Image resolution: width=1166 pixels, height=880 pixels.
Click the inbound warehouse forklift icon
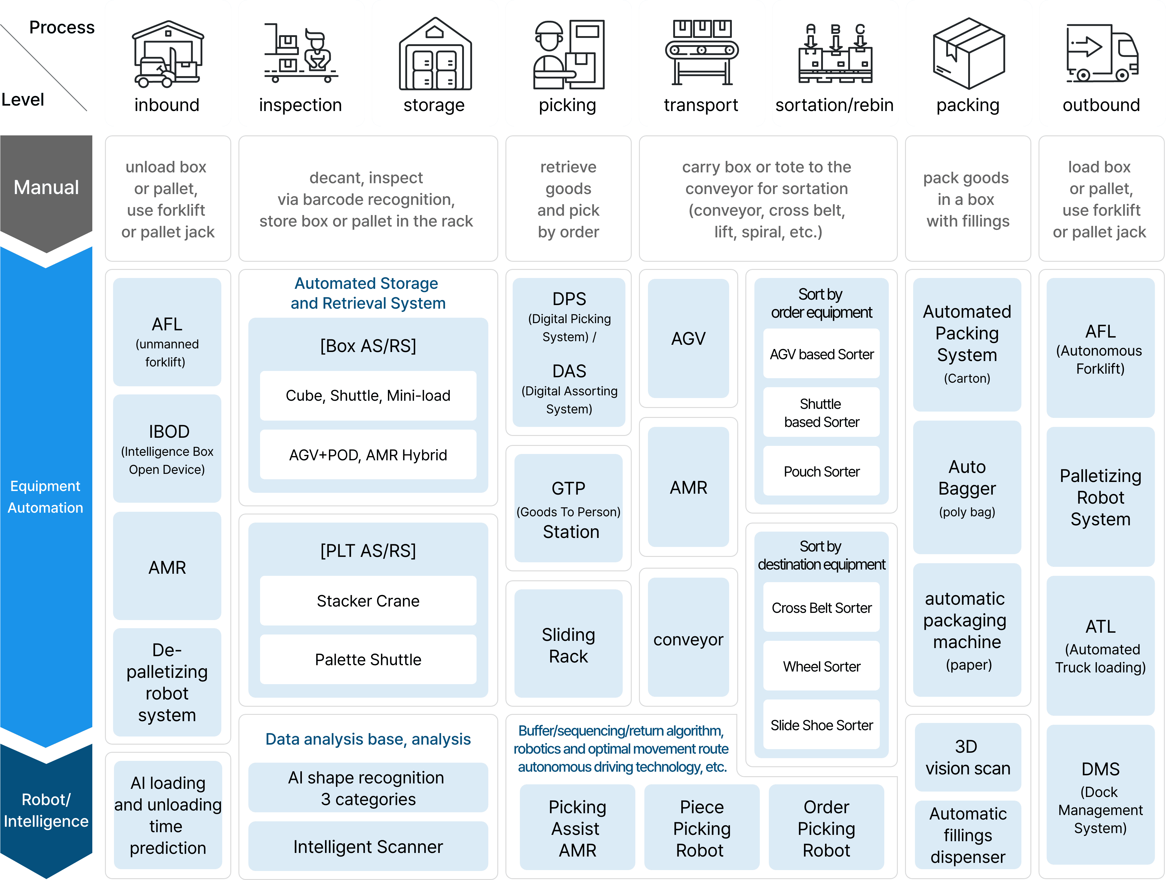[x=168, y=54]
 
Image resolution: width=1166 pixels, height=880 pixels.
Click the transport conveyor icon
[x=701, y=52]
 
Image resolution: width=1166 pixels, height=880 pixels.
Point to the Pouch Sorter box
[x=821, y=471]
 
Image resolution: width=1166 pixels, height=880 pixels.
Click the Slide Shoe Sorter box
[x=821, y=725]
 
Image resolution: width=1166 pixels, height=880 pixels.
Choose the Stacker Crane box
[x=368, y=601]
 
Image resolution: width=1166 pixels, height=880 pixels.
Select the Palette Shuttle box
[x=368, y=659]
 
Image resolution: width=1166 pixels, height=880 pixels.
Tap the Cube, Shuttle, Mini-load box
[x=368, y=396]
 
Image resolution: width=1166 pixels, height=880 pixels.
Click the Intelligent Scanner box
[x=368, y=846]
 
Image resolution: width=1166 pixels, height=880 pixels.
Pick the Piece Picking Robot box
[x=701, y=828]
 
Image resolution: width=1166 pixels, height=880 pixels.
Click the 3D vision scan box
[x=968, y=757]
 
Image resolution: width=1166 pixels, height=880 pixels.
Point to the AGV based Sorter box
[x=821, y=354]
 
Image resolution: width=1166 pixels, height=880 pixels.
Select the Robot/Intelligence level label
[x=46, y=811]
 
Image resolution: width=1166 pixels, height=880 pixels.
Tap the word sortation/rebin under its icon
[x=834, y=105]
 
